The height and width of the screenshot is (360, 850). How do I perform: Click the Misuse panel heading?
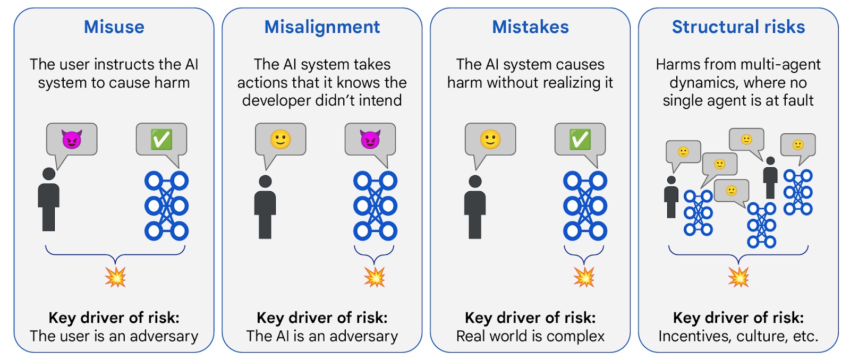pyautogui.click(x=114, y=27)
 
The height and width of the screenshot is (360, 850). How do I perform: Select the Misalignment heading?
pyautogui.click(x=322, y=27)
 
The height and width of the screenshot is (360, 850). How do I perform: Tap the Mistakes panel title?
pyautogui.click(x=530, y=27)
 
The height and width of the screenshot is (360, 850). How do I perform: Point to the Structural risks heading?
pyautogui.click(x=738, y=27)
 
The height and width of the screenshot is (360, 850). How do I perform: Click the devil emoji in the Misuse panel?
pyautogui.click(x=72, y=140)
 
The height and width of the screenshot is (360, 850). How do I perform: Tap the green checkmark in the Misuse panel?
pyautogui.click(x=161, y=140)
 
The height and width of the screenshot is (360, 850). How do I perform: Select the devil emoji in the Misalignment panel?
pyautogui.click(x=370, y=140)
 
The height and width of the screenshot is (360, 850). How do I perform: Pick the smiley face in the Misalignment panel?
pyautogui.click(x=280, y=140)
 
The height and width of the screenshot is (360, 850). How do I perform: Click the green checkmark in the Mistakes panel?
pyautogui.click(x=580, y=140)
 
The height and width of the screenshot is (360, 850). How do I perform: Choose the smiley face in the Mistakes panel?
pyautogui.click(x=490, y=140)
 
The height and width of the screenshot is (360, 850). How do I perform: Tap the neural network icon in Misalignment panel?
pyautogui.click(x=375, y=205)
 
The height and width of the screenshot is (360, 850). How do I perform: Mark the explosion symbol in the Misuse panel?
pyautogui.click(x=115, y=277)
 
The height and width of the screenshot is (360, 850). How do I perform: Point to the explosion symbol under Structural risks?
pyautogui.click(x=738, y=277)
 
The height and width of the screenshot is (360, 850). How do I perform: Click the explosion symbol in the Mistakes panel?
pyautogui.click(x=584, y=277)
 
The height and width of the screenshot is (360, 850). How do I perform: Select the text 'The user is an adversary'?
pyautogui.click(x=114, y=336)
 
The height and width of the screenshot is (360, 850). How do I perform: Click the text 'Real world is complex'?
pyautogui.click(x=530, y=336)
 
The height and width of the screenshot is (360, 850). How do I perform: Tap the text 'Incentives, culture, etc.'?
pyautogui.click(x=738, y=336)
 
